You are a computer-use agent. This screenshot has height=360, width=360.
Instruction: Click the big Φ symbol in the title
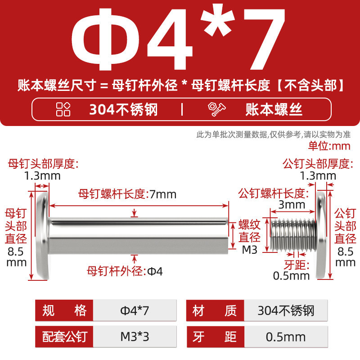tap(106, 39)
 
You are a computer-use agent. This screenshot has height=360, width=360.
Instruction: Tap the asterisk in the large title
tap(217, 20)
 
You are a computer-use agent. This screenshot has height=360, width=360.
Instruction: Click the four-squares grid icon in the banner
tap(63, 109)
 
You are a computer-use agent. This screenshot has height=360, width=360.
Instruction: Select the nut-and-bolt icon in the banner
tap(217, 109)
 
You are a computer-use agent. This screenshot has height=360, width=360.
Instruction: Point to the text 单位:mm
tap(329, 146)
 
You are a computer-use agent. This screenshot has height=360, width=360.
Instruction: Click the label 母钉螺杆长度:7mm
tap(127, 194)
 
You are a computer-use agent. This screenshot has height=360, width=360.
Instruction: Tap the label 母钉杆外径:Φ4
tap(125, 271)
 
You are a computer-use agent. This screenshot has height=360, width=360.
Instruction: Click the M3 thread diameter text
tap(250, 250)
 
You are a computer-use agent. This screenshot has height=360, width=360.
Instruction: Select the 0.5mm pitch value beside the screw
tap(291, 276)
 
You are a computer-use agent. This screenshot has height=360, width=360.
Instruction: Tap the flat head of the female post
tap(43, 235)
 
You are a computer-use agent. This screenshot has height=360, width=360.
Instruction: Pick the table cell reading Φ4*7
tap(135, 310)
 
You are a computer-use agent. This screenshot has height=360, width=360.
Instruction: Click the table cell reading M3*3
tap(135, 337)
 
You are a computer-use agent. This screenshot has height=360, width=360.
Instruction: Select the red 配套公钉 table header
tap(64, 337)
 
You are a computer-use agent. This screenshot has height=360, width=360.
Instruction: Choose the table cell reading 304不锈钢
tap(286, 310)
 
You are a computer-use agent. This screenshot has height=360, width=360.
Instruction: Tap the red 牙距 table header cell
tap(216, 337)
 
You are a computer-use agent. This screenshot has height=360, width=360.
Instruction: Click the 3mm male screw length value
tap(292, 205)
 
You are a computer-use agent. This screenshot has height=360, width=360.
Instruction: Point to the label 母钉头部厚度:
tap(43, 164)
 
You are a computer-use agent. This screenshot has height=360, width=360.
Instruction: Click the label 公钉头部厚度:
tap(318, 164)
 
